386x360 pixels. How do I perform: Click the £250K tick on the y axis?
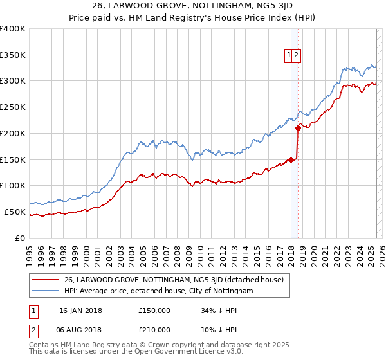point(13,107)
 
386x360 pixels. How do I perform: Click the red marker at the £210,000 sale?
point(298,128)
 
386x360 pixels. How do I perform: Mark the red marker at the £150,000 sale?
point(291,159)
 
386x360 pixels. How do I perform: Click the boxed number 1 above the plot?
point(289,55)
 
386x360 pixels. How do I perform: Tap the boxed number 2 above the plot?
point(296,55)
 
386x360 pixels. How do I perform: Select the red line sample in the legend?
point(45,280)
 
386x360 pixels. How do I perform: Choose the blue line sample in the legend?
point(45,291)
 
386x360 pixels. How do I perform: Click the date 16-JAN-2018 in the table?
point(80,310)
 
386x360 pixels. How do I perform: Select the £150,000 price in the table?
point(154,310)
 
